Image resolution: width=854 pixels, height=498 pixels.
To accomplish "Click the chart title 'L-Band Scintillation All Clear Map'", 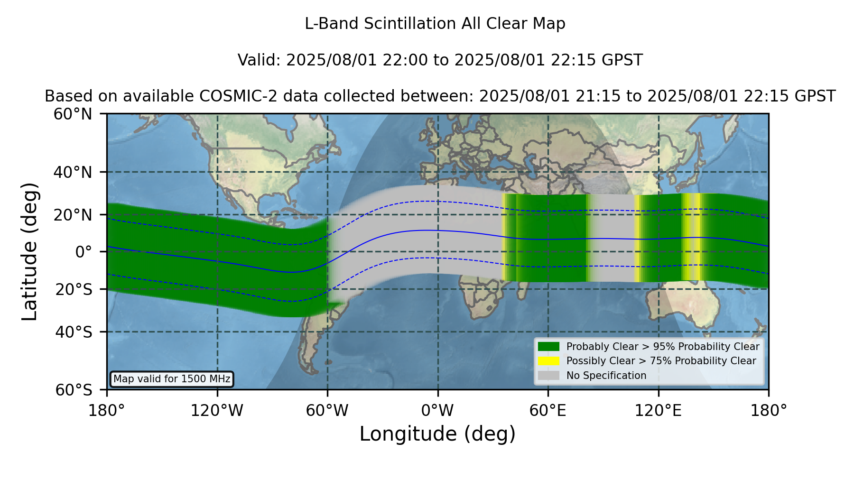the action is (435, 24).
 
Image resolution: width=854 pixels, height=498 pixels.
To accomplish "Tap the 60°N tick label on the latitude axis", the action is (73, 114).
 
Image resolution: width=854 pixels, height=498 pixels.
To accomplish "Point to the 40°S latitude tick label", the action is (74, 332).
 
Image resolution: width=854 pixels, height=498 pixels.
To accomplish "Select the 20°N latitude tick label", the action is (73, 215).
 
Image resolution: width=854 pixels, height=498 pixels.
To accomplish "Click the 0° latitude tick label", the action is (84, 252).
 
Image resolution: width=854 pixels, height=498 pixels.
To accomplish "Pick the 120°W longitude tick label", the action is (217, 410).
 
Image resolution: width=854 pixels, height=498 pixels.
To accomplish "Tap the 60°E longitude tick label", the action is (548, 410).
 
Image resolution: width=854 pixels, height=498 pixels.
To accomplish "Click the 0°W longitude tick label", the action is (437, 410).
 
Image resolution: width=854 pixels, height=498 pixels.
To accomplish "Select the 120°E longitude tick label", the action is (658, 410).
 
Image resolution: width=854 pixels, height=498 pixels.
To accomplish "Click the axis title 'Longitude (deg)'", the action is (437, 434).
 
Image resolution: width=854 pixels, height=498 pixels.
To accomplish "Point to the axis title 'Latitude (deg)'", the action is (30, 251).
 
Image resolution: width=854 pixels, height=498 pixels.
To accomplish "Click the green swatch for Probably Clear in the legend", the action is (548, 347).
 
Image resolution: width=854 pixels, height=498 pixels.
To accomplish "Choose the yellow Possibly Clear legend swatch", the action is (548, 361).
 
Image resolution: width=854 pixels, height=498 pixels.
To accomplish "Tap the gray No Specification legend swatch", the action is (548, 376).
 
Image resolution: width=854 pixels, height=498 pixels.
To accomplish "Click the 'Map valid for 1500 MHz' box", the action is (172, 379).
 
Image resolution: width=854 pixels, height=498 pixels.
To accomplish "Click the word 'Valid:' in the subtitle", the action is (260, 60).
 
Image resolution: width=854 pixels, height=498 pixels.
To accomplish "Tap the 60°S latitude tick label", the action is (74, 390).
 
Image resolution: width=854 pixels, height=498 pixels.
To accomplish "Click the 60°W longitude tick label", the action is (327, 410).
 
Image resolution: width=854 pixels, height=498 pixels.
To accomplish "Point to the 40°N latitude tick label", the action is (73, 172).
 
